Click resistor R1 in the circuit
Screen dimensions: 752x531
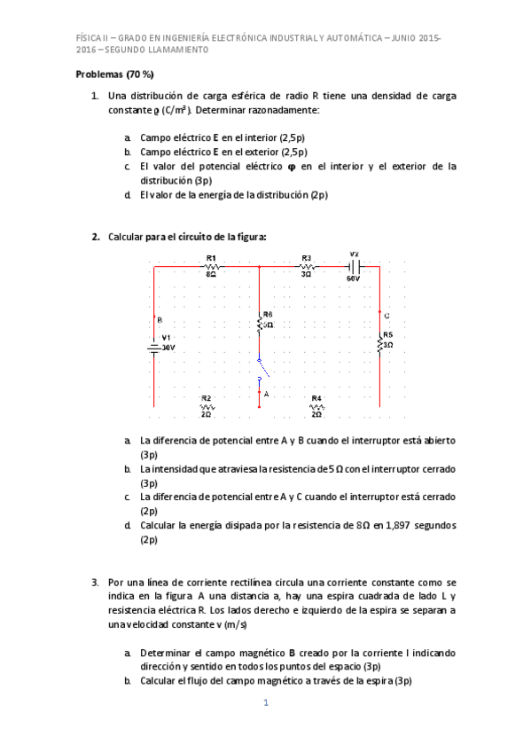tap(213, 265)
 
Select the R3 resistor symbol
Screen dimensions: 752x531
tap(307, 265)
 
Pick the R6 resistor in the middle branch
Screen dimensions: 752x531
tap(260, 325)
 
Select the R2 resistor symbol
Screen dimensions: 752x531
tap(207, 406)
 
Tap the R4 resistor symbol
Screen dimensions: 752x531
tap(316, 406)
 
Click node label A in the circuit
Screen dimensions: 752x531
tap(266, 392)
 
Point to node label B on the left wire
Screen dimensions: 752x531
tap(160, 319)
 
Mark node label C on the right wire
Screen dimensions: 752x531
tap(387, 316)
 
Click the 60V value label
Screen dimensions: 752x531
tap(354, 278)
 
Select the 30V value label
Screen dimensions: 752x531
tap(168, 348)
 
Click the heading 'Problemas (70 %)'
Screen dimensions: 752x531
tap(115, 74)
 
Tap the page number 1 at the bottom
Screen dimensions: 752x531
tap(265, 703)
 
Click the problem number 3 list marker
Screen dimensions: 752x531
tap(95, 583)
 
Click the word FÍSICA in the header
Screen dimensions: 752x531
tap(89, 37)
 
